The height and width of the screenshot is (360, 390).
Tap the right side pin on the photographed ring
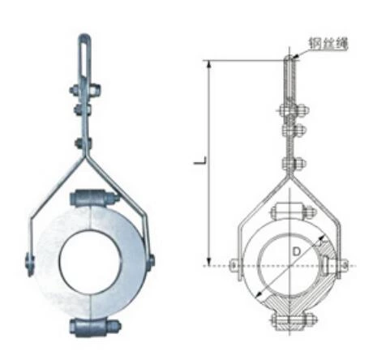click(151, 261)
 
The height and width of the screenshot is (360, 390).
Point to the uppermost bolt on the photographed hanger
click(84, 89)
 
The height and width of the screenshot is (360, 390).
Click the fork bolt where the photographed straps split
click(84, 144)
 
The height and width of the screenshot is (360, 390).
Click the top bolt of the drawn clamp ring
click(289, 212)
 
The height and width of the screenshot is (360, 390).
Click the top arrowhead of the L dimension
click(212, 64)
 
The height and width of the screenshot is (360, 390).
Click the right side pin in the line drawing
click(344, 264)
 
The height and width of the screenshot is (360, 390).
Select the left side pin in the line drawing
click(235, 264)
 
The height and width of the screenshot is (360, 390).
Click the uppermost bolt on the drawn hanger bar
click(290, 111)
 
